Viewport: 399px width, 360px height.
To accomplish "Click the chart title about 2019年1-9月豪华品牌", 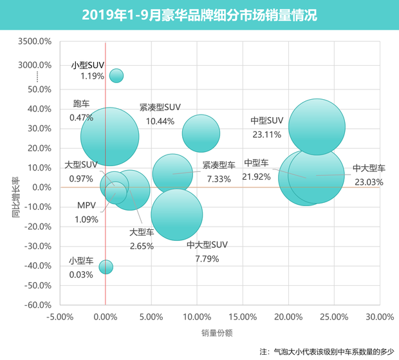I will pyautogui.click(x=199, y=15).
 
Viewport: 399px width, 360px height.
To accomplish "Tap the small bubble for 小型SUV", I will pyautogui.click(x=116, y=75).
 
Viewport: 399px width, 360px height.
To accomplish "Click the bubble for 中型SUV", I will pyautogui.click(x=316, y=126).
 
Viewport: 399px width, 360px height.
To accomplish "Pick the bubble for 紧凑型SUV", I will pyautogui.click(x=201, y=133).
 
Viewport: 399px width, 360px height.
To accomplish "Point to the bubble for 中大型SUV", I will pyautogui.click(x=176, y=214).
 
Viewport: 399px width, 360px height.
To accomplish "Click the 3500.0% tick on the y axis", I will pyautogui.click(x=35, y=42).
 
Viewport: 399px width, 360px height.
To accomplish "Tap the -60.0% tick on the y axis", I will pyautogui.click(x=37, y=305).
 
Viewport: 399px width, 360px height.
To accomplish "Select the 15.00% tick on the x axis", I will pyautogui.click(x=242, y=317).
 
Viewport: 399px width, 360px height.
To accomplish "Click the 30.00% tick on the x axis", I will pyautogui.click(x=379, y=317).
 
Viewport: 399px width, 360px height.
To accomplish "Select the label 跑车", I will pyautogui.click(x=82, y=104).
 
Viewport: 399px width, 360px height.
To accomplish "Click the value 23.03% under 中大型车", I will pyautogui.click(x=369, y=182).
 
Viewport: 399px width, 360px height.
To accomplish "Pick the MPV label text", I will pyautogui.click(x=86, y=206).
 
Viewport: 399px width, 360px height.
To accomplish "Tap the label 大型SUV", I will pyautogui.click(x=81, y=165).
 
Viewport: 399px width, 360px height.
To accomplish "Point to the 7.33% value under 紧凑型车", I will pyautogui.click(x=218, y=179).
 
